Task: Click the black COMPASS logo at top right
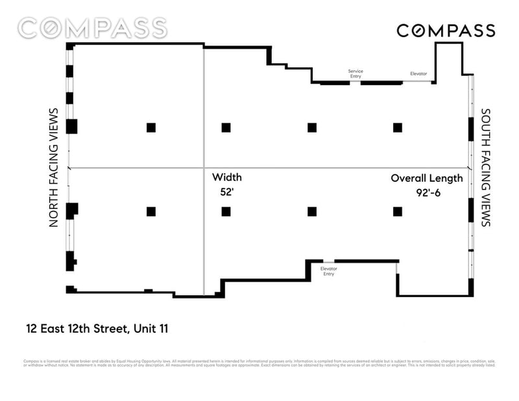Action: [x=446, y=30]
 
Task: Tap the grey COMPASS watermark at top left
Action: [x=92, y=28]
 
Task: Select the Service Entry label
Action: [x=356, y=73]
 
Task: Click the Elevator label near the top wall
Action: [x=418, y=74]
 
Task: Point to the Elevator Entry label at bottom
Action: [x=330, y=271]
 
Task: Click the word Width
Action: [x=227, y=177]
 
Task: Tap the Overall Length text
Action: [x=426, y=178]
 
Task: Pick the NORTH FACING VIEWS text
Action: [x=54, y=167]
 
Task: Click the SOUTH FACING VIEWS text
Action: [x=485, y=167]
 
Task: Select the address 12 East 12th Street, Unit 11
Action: [x=97, y=328]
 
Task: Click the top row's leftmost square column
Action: [x=151, y=127]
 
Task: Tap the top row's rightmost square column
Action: [x=397, y=127]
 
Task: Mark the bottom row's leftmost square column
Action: [x=151, y=211]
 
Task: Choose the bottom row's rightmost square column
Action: [x=397, y=211]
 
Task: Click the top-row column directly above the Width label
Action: [x=226, y=127]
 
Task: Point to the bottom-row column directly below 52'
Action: [x=226, y=211]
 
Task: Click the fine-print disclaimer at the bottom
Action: [x=259, y=363]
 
